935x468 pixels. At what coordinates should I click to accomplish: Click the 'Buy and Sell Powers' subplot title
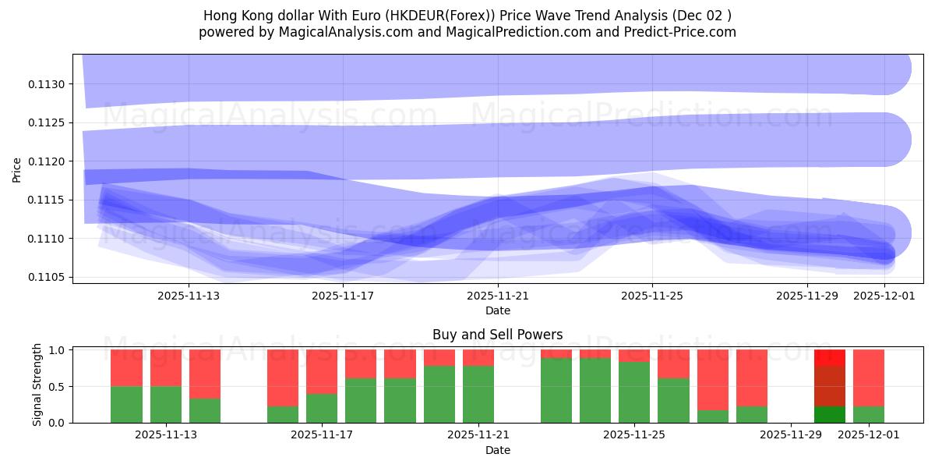point(497,335)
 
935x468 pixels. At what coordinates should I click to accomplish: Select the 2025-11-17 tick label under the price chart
point(343,296)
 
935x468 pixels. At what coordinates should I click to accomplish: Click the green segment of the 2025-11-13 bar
point(166,404)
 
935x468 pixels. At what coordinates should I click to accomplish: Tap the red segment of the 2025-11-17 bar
point(322,371)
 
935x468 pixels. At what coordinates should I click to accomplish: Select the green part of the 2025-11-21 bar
point(478,394)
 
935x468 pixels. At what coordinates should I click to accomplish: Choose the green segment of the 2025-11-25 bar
point(634,392)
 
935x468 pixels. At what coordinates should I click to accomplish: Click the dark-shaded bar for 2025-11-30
point(830,386)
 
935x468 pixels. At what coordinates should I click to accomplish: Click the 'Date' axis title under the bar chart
point(497,450)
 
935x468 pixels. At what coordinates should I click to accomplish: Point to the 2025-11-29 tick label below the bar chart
point(791,435)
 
